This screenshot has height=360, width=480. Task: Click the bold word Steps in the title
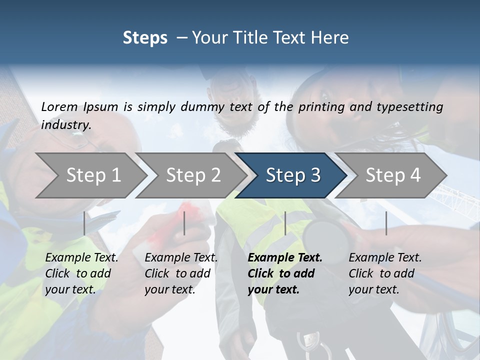145,38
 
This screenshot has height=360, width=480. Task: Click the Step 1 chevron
93,175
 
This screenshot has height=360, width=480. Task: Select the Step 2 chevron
193,175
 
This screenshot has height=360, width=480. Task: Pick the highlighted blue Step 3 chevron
293,175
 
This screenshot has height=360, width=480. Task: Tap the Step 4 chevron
393,175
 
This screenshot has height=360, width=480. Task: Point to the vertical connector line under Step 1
84,223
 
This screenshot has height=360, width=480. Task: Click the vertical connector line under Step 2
184,223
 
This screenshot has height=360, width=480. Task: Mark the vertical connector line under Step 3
285,223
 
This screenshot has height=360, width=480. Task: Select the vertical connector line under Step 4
386,223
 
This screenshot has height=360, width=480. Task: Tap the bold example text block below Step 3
284,273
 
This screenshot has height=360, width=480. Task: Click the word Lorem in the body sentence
59,106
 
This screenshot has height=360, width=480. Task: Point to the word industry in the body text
66,124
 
